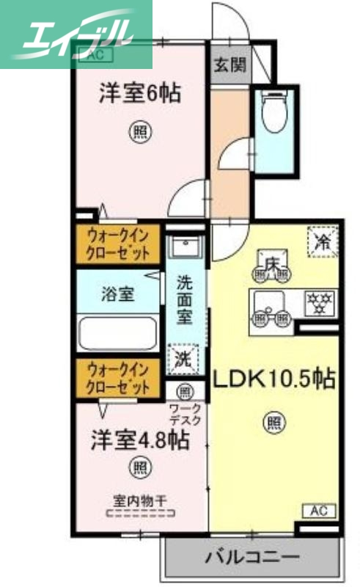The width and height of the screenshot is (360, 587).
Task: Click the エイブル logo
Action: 73,34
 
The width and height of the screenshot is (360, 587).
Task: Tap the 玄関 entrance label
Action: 229,63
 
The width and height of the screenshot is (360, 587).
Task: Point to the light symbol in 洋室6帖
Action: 140,132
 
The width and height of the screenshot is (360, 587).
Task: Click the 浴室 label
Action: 117,295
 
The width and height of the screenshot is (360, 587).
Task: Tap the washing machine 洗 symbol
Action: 183,359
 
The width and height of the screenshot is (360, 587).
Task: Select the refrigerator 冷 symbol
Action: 322,241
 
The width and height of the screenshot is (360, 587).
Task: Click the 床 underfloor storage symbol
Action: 271,263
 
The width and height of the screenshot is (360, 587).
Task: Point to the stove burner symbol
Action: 318,301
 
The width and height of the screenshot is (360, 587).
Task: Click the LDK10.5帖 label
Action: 274,379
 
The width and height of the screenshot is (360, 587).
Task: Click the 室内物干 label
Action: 140,500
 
